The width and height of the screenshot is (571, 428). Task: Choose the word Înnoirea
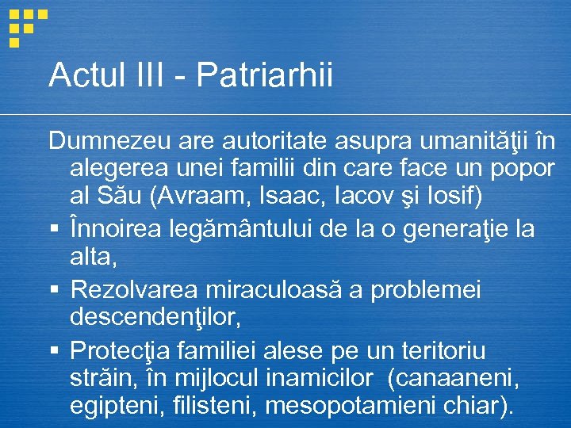(x=117, y=229)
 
